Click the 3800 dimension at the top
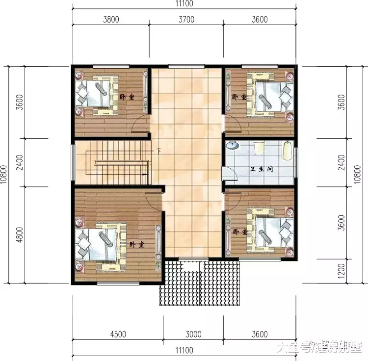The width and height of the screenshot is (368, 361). [x=112, y=20]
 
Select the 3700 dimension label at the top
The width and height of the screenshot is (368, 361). [x=187, y=20]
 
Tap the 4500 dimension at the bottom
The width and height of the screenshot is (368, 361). [x=118, y=335]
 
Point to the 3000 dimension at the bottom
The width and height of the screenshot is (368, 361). [x=194, y=335]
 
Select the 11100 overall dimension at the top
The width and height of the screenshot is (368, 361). [x=184, y=4]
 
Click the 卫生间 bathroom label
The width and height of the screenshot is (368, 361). [x=262, y=169]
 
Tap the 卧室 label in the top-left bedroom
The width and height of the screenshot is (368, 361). [x=127, y=97]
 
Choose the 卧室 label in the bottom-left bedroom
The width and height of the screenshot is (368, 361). [x=137, y=244]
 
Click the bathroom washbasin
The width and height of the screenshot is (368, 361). [x=232, y=145]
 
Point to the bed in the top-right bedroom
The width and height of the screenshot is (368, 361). [x=268, y=92]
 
